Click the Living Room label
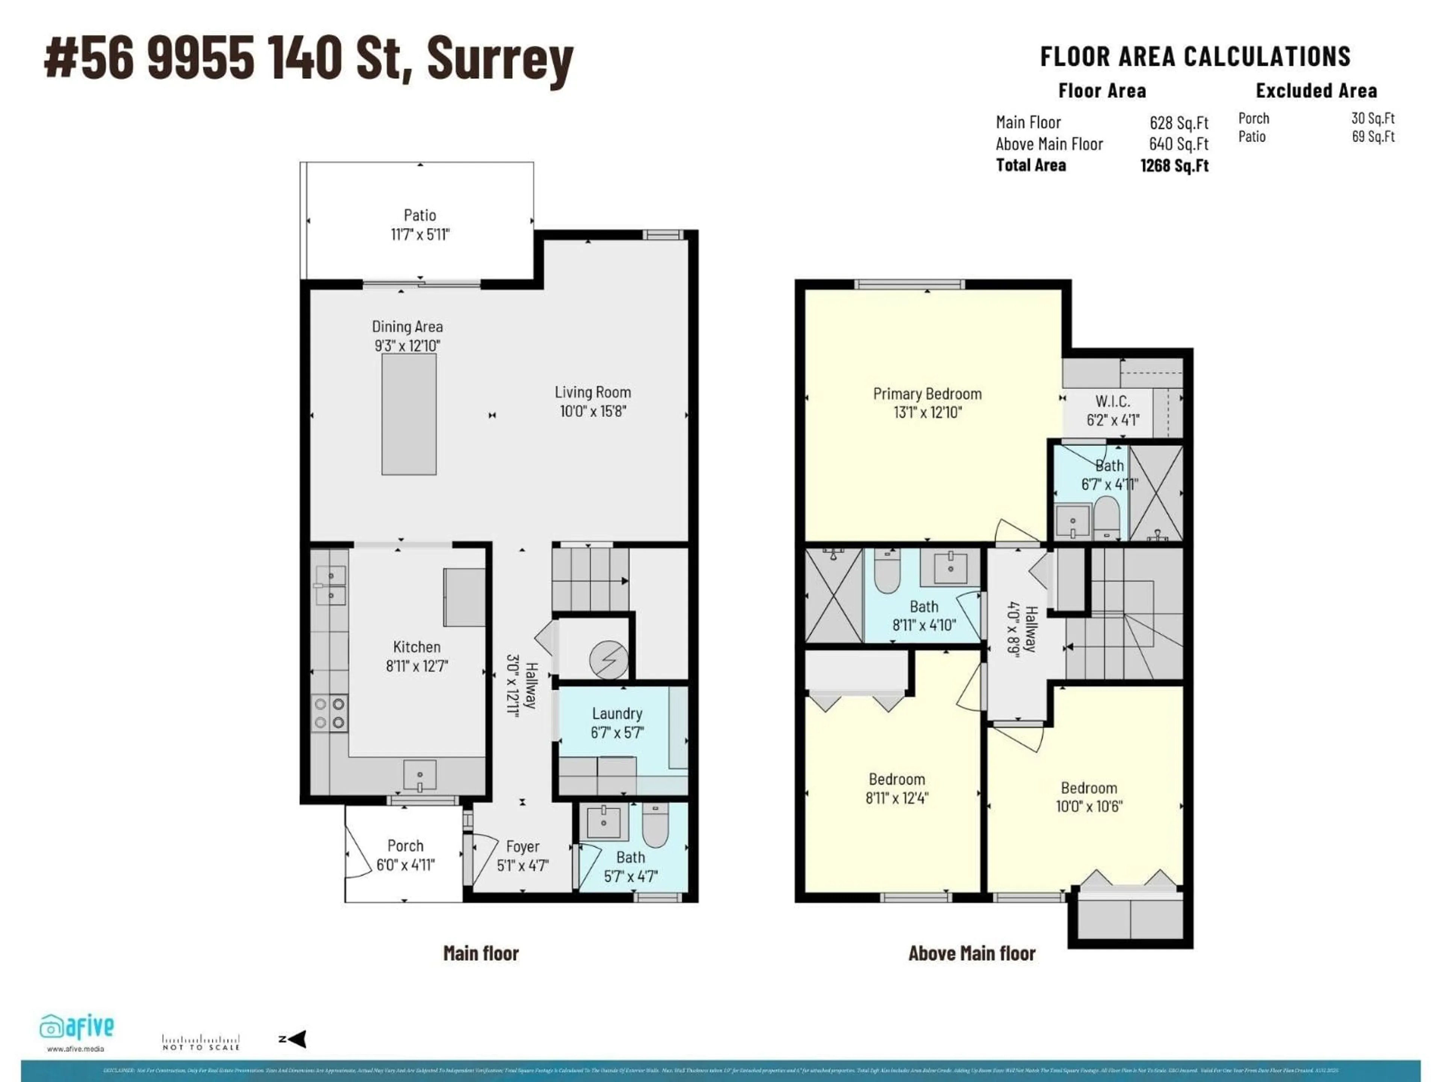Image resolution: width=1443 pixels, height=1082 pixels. (x=592, y=392)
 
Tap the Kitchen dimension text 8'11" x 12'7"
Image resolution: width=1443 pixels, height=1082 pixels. (x=417, y=666)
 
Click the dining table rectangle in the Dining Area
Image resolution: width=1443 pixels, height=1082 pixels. (x=409, y=414)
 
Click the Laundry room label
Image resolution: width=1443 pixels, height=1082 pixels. (x=617, y=713)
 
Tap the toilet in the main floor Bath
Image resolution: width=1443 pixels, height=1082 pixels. (x=655, y=825)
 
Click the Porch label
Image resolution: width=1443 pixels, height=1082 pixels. (x=405, y=846)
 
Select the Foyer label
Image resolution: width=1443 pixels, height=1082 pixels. (x=523, y=846)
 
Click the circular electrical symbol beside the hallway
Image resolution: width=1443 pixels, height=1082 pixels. (x=609, y=659)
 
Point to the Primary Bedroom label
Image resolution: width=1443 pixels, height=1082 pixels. (x=927, y=394)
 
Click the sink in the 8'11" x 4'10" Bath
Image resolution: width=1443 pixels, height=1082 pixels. (x=950, y=567)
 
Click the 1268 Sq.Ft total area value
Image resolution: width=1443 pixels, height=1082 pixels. (x=1174, y=166)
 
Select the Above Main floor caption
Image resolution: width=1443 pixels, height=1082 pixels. (x=971, y=954)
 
